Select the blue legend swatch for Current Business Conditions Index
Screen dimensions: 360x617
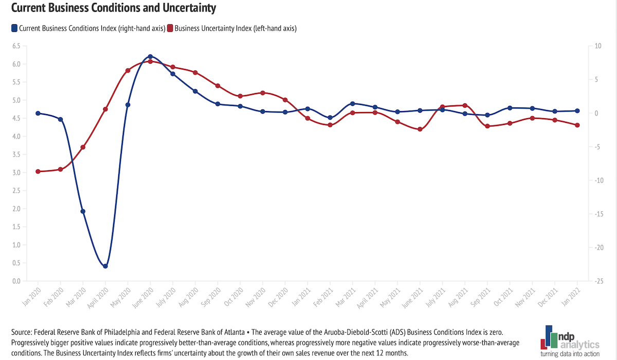click(x=14, y=28)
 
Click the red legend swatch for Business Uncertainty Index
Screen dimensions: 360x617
click(x=170, y=28)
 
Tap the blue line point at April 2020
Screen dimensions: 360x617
click(x=105, y=266)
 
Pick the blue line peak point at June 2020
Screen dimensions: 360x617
click(x=150, y=57)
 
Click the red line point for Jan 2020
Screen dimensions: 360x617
click(x=38, y=171)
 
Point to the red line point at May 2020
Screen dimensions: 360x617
click(x=128, y=70)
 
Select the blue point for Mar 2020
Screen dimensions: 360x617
click(x=83, y=211)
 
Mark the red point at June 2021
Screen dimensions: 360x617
click(x=420, y=129)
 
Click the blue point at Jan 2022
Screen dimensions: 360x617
click(x=577, y=111)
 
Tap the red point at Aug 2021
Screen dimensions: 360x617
click(x=465, y=105)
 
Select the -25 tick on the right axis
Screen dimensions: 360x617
click(x=599, y=281)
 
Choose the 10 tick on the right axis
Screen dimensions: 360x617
click(x=597, y=46)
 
